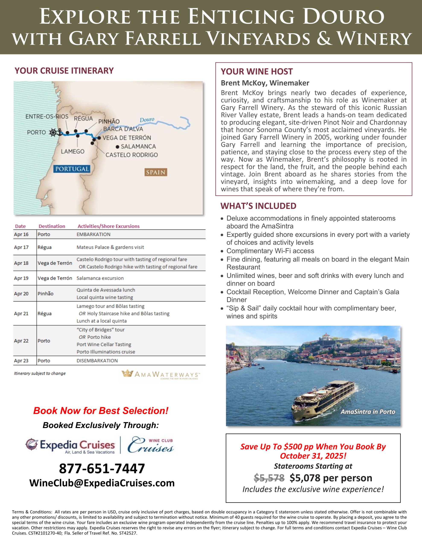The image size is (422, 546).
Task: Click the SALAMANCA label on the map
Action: [x=138, y=147]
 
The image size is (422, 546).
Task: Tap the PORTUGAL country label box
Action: [x=72, y=169]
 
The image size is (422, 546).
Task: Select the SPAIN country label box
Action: [x=156, y=172]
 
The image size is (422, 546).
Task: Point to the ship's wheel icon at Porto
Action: [x=53, y=132]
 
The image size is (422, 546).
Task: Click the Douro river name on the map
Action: [x=147, y=120]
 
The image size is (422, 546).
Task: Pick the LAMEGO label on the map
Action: [x=73, y=151]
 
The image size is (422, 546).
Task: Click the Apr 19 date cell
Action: [x=21, y=278]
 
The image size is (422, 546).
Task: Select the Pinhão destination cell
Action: [x=45, y=294]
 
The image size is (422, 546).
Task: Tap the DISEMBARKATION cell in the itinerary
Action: [x=97, y=361]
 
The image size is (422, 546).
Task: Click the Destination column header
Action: [x=52, y=226]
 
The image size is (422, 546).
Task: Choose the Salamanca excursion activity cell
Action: [x=100, y=278]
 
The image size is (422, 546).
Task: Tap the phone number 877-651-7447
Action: [x=102, y=469]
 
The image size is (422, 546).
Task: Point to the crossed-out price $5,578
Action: [x=269, y=478]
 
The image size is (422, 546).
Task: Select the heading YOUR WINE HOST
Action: [x=257, y=72]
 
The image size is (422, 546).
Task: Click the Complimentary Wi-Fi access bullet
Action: [x=270, y=251]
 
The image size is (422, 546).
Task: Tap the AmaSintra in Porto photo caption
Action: [x=368, y=412]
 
